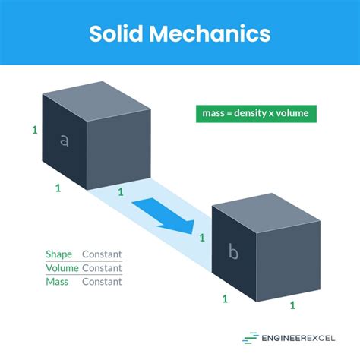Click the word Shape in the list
[59, 254]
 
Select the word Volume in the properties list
[62, 268]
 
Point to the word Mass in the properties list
[58, 282]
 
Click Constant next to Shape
[102, 254]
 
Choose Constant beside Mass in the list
[102, 282]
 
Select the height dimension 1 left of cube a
[34, 131]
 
